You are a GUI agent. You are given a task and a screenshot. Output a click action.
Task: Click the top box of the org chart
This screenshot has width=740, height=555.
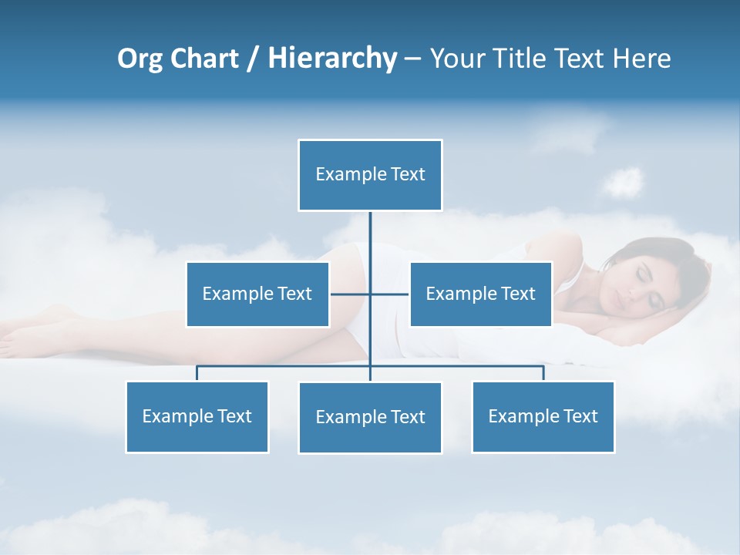point(370,175)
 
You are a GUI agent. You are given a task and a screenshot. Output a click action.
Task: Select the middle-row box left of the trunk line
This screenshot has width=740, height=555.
point(257,294)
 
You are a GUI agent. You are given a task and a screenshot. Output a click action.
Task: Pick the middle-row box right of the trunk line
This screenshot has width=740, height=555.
point(480,294)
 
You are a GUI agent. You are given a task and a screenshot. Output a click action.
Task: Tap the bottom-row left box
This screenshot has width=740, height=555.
point(197,416)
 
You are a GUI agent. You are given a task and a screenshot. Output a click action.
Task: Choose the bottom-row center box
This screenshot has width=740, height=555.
point(370,417)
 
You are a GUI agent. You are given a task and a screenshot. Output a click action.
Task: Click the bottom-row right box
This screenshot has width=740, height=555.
point(543,416)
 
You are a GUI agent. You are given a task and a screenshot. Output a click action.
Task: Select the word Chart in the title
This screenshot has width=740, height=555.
point(206,59)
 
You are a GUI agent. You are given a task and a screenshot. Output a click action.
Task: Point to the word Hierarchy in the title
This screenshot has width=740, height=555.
point(332,59)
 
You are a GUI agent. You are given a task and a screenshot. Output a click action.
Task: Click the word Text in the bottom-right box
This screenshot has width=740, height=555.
point(580,416)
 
